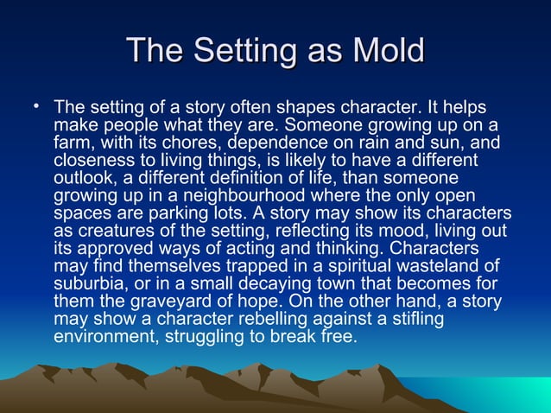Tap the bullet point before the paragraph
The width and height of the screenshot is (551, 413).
[x=37, y=107]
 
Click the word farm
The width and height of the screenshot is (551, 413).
[x=71, y=143]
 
